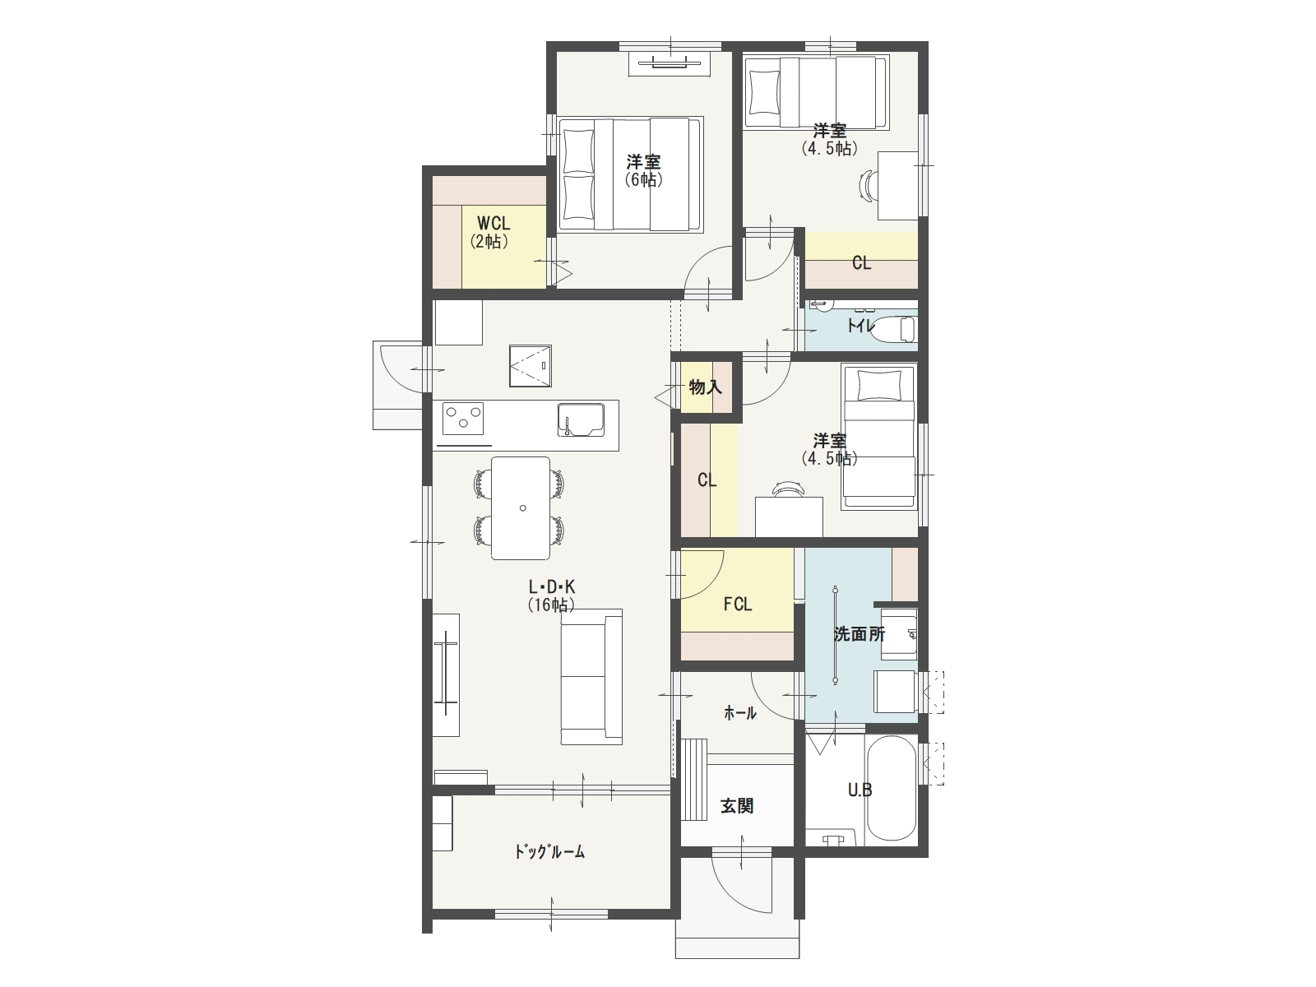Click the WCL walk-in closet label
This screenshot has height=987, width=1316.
(x=493, y=223)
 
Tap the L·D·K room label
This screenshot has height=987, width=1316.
(x=552, y=586)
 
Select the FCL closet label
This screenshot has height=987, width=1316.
(x=738, y=604)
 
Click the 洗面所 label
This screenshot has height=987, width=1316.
(x=860, y=634)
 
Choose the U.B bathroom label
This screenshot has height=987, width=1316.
(x=860, y=790)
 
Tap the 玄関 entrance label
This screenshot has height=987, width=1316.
(x=737, y=806)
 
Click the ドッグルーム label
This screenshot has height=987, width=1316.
(x=549, y=851)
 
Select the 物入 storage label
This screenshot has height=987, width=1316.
(x=705, y=387)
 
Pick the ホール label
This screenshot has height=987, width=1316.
(x=740, y=713)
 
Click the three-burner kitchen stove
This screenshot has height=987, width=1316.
(x=463, y=419)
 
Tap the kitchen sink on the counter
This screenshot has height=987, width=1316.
(x=581, y=419)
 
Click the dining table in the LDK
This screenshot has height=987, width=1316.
(x=521, y=508)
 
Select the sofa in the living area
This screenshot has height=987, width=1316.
(x=591, y=677)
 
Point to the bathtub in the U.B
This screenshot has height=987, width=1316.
(x=892, y=788)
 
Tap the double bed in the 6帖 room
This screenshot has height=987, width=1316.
(x=631, y=174)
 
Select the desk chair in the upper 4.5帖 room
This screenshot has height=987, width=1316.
(x=868, y=184)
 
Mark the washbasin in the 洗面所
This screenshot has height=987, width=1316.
(x=899, y=634)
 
